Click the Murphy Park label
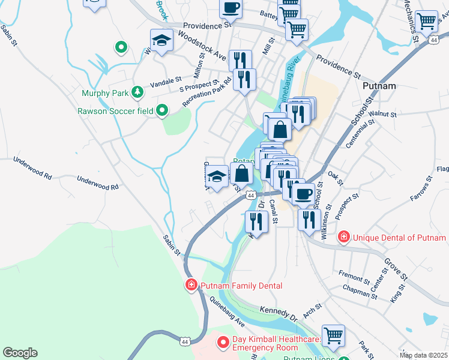(106, 93)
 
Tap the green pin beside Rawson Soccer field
(161, 110)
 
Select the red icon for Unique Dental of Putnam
(343, 238)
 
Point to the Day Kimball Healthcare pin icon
(223, 343)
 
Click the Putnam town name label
(379, 86)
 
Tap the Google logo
(20, 352)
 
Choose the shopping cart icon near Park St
(333, 336)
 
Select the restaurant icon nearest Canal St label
(256, 221)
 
